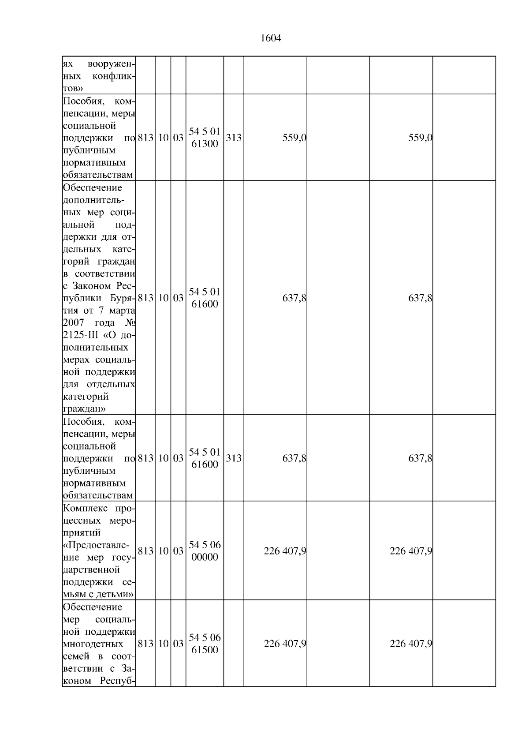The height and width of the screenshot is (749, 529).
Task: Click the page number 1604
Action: pyautogui.click(x=271, y=38)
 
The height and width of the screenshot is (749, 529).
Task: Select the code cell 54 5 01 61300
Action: pyautogui.click(x=205, y=138)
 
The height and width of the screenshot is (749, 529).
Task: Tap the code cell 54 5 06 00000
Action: pyautogui.click(x=205, y=551)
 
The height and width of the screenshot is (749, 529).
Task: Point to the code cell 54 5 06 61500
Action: pyautogui.click(x=205, y=644)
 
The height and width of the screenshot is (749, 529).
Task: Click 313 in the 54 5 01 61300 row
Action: pyautogui.click(x=234, y=138)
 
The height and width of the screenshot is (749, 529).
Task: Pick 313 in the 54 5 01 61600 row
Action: pyautogui.click(x=234, y=458)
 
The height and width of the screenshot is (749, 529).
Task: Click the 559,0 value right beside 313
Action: pyautogui.click(x=294, y=138)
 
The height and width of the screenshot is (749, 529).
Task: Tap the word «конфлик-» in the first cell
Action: pyautogui.click(x=114, y=76)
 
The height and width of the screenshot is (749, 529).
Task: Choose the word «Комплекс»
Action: pyautogui.click(x=83, y=508)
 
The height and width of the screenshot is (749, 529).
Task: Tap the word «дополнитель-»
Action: pyautogui.click(x=93, y=200)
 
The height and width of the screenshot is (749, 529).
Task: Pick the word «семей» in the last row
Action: pyautogui.click(x=75, y=656)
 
